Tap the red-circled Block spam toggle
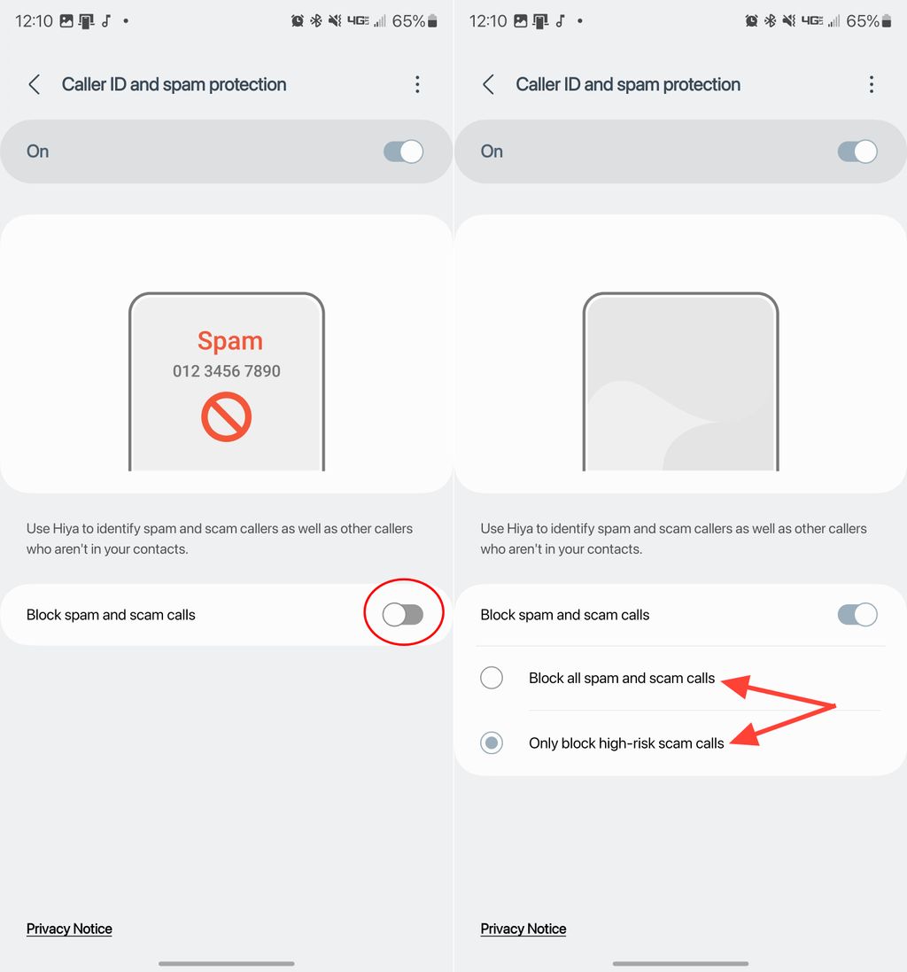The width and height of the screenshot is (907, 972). pyautogui.click(x=403, y=614)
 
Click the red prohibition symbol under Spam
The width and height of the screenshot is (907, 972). pyautogui.click(x=227, y=416)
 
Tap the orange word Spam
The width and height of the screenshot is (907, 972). pyautogui.click(x=229, y=341)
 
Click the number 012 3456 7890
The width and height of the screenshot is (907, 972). pyautogui.click(x=227, y=371)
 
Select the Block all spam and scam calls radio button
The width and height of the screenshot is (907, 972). pyautogui.click(x=492, y=678)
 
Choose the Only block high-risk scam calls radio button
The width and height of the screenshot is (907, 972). pyautogui.click(x=492, y=743)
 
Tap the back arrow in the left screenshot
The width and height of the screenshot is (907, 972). pyautogui.click(x=35, y=84)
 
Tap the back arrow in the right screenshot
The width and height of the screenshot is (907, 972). pyautogui.click(x=489, y=84)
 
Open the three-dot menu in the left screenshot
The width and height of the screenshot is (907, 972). pyautogui.click(x=417, y=84)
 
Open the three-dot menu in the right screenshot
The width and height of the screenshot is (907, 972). pyautogui.click(x=872, y=84)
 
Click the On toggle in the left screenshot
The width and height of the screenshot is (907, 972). pyautogui.click(x=403, y=152)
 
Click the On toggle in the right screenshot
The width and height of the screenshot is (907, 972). pyautogui.click(x=857, y=152)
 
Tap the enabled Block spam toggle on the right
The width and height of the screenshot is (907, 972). pyautogui.click(x=857, y=614)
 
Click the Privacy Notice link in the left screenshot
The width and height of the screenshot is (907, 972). pyautogui.click(x=69, y=929)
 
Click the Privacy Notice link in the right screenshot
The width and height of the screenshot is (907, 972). pyautogui.click(x=523, y=929)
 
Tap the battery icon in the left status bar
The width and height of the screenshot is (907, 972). pyautogui.click(x=432, y=21)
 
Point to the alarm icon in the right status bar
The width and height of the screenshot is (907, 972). pyautogui.click(x=751, y=21)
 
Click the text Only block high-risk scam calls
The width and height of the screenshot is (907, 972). pyautogui.click(x=626, y=743)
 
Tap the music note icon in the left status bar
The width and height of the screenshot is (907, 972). pyautogui.click(x=106, y=21)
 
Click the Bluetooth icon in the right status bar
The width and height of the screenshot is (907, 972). pyautogui.click(x=771, y=21)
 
